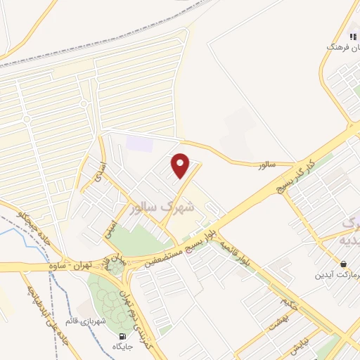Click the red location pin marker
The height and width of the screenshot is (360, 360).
coord(181,165)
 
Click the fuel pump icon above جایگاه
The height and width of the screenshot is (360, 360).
coord(124,335)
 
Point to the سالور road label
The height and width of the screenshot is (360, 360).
coord(264,164)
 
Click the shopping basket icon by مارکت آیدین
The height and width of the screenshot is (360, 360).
coord(342,264)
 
